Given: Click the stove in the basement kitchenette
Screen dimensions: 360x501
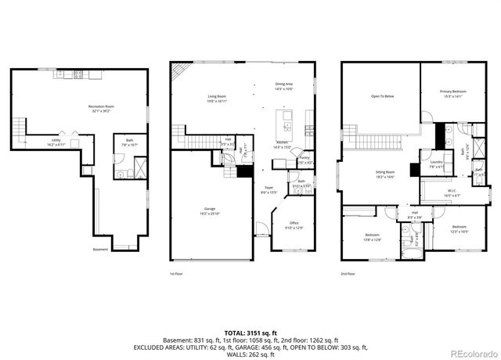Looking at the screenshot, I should pos(78,75).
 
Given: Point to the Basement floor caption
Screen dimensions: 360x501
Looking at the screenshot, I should pos(100,250).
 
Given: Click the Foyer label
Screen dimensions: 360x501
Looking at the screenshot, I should pos(268,189).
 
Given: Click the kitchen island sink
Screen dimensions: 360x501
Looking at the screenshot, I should pos(287,124).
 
